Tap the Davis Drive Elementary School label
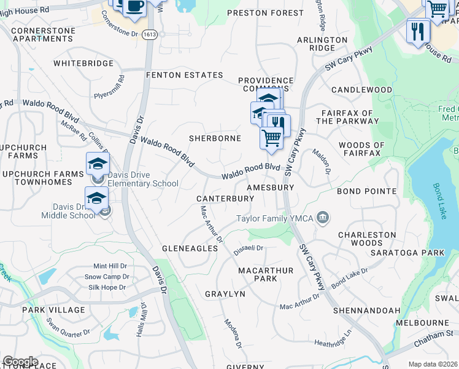143,179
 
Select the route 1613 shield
148,35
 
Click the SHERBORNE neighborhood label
215,138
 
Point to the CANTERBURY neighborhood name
225,199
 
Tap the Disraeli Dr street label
249,250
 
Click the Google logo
20,362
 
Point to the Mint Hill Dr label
110,266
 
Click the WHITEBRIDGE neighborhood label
83,63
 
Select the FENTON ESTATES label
184,75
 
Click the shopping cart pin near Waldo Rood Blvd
271,138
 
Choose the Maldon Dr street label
322,161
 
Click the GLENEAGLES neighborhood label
190,248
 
